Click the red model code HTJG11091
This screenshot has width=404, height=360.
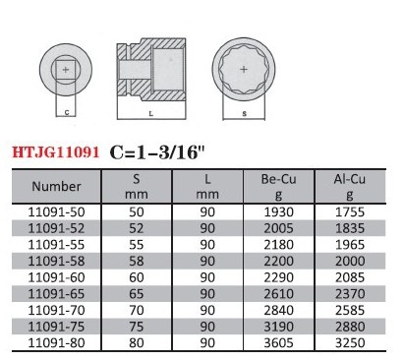pyautogui.click(x=56, y=152)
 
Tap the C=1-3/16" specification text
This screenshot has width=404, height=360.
pyautogui.click(x=157, y=152)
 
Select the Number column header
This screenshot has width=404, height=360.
pyautogui.click(x=56, y=186)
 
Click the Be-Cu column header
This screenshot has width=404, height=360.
pyautogui.click(x=278, y=187)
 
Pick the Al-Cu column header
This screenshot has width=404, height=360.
pyautogui.click(x=350, y=187)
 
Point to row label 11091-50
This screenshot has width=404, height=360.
pyautogui.click(x=56, y=211)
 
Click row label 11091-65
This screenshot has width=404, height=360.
pyautogui.click(x=56, y=294)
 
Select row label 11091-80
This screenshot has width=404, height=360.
pyautogui.click(x=56, y=343)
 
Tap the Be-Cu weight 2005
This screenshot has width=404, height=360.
pyautogui.click(x=278, y=228)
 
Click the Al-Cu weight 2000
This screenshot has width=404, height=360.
pyautogui.click(x=350, y=261)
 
